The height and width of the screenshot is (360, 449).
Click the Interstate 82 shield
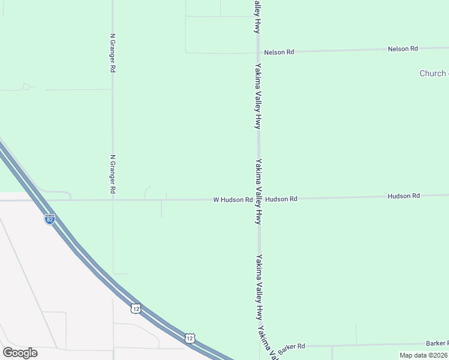pyautogui.click(x=50, y=219)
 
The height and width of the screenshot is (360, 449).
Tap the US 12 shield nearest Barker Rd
pyautogui.click(x=190, y=338)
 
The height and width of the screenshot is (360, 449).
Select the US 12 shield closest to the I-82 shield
pyautogui.click(x=137, y=308)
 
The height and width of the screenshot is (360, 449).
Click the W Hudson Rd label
pyautogui.click(x=232, y=199)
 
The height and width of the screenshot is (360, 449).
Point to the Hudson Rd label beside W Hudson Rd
pyautogui.click(x=281, y=199)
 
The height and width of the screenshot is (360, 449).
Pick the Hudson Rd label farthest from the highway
pyautogui.click(x=403, y=196)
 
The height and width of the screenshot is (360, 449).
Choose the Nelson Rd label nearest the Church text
pyautogui.click(x=403, y=49)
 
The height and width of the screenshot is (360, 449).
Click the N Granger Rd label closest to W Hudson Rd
pyautogui.click(x=113, y=174)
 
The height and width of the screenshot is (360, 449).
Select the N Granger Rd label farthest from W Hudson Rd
pyautogui.click(x=112, y=53)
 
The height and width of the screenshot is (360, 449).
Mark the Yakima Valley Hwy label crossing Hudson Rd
pyautogui.click(x=259, y=192)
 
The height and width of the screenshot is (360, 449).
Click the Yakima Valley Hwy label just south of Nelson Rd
pyautogui.click(x=258, y=96)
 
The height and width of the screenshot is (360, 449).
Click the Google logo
pyautogui.click(x=20, y=353)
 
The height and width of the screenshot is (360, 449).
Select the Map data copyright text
pyautogui.click(x=424, y=355)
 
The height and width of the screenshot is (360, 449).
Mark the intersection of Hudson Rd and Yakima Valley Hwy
pyautogui.click(x=259, y=199)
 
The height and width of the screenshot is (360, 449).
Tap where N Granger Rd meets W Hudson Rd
pyautogui.click(x=113, y=200)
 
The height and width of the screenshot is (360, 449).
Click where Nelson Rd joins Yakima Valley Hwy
pyautogui.click(x=258, y=53)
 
